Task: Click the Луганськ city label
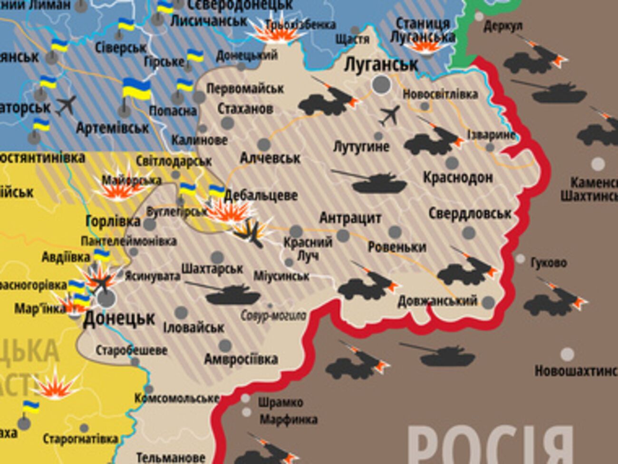tap(381, 64)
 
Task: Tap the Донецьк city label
tap(119, 318)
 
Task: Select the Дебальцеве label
tap(261, 195)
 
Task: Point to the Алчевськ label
tap(270, 158)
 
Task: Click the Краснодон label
tap(458, 178)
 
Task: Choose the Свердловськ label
tap(470, 213)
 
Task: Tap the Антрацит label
tap(350, 218)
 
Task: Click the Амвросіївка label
tap(241, 359)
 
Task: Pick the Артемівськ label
tap(112, 128)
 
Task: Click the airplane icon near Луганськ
tap(390, 116)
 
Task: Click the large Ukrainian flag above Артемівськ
tap(136, 89)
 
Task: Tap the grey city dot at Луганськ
tap(381, 85)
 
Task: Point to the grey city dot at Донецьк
tap(106, 299)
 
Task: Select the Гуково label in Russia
tap(548, 263)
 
